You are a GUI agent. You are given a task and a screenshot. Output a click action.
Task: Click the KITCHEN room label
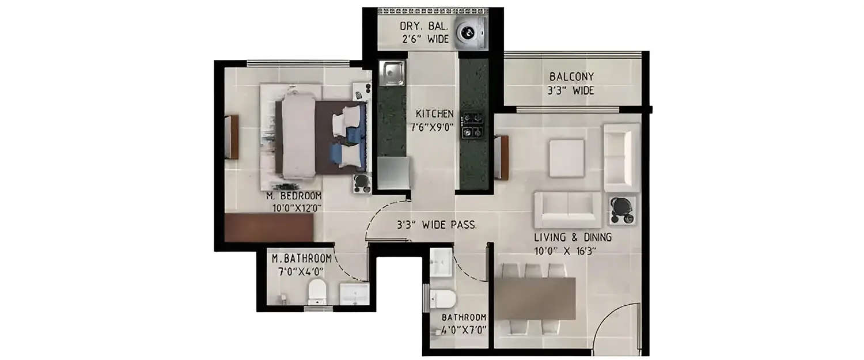tap(435, 114)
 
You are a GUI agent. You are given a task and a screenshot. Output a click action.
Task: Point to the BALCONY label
tap(571, 77)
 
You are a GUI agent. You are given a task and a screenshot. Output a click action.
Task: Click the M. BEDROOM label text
tap(294, 196)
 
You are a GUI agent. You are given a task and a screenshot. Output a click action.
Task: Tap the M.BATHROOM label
tap(302, 259)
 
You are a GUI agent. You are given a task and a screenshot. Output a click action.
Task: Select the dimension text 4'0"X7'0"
tap(464, 329)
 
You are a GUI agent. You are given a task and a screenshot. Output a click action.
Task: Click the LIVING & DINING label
tap(573, 237)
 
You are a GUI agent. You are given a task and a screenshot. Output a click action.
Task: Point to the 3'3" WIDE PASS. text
tap(437, 225)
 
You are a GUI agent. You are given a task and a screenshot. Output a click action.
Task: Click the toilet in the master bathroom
tap(317, 291)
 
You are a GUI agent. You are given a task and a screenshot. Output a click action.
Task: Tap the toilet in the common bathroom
tap(444, 298)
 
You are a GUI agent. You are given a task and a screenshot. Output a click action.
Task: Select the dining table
tap(535, 298)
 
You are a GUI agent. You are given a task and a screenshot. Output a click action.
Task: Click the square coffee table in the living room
tap(567, 158)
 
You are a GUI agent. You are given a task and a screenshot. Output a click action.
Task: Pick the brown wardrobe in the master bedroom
tap(269, 228)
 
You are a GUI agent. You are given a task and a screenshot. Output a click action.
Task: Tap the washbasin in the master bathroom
tap(354, 293)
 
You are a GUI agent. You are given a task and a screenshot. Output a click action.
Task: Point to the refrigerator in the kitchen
tap(393, 173)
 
